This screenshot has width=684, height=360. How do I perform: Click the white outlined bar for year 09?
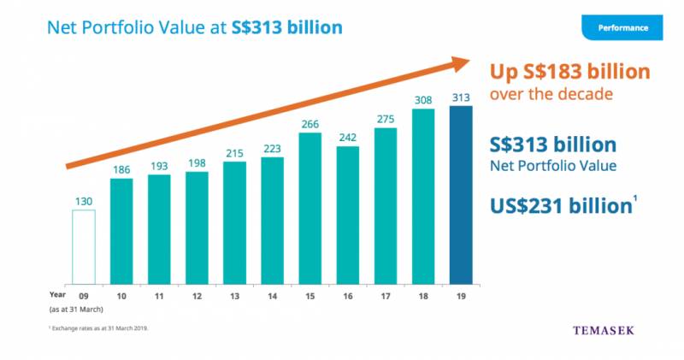click(x=84, y=246)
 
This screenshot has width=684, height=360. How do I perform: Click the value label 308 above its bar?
click(x=422, y=99)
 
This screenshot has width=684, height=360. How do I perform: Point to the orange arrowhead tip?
click(x=469, y=62)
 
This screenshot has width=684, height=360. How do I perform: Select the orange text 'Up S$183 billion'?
click(x=569, y=72)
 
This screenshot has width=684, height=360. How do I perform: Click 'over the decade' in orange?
click(x=551, y=94)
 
